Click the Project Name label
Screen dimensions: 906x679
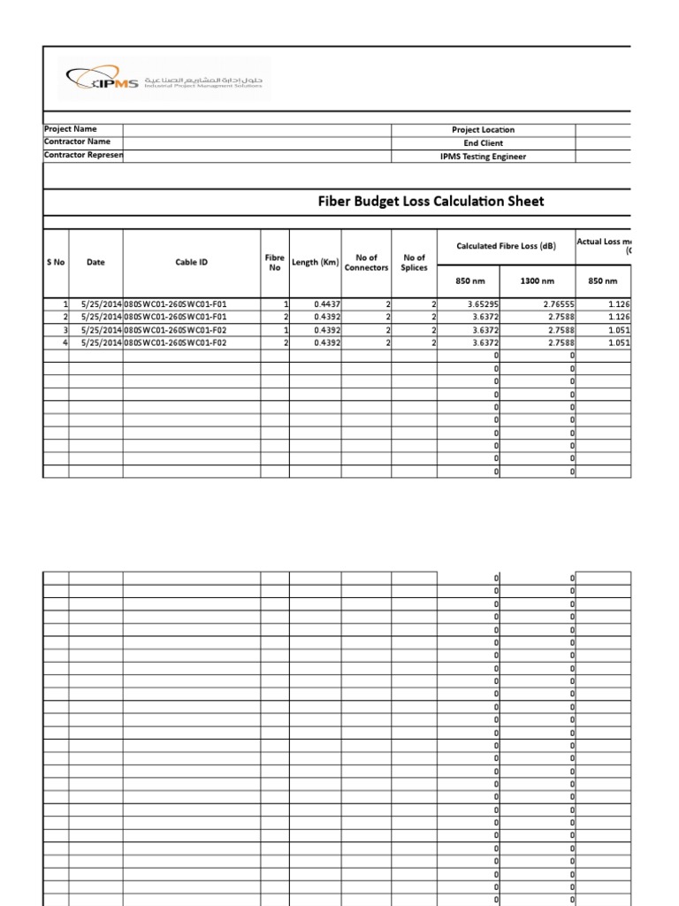click(71, 129)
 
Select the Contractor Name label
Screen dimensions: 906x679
click(78, 142)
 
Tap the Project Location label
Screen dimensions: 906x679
click(483, 130)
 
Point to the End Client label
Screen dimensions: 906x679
click(483, 142)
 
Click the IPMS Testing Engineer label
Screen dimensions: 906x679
click(483, 157)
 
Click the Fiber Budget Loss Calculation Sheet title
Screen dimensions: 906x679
click(431, 202)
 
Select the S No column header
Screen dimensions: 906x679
click(56, 262)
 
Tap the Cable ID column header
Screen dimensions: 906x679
click(191, 262)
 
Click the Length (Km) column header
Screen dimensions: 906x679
click(315, 262)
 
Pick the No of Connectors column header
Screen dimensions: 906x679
click(366, 263)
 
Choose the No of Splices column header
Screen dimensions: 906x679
click(414, 263)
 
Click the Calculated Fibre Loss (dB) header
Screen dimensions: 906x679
click(506, 246)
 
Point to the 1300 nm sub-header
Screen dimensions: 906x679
click(538, 280)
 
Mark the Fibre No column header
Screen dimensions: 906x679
click(273, 262)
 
